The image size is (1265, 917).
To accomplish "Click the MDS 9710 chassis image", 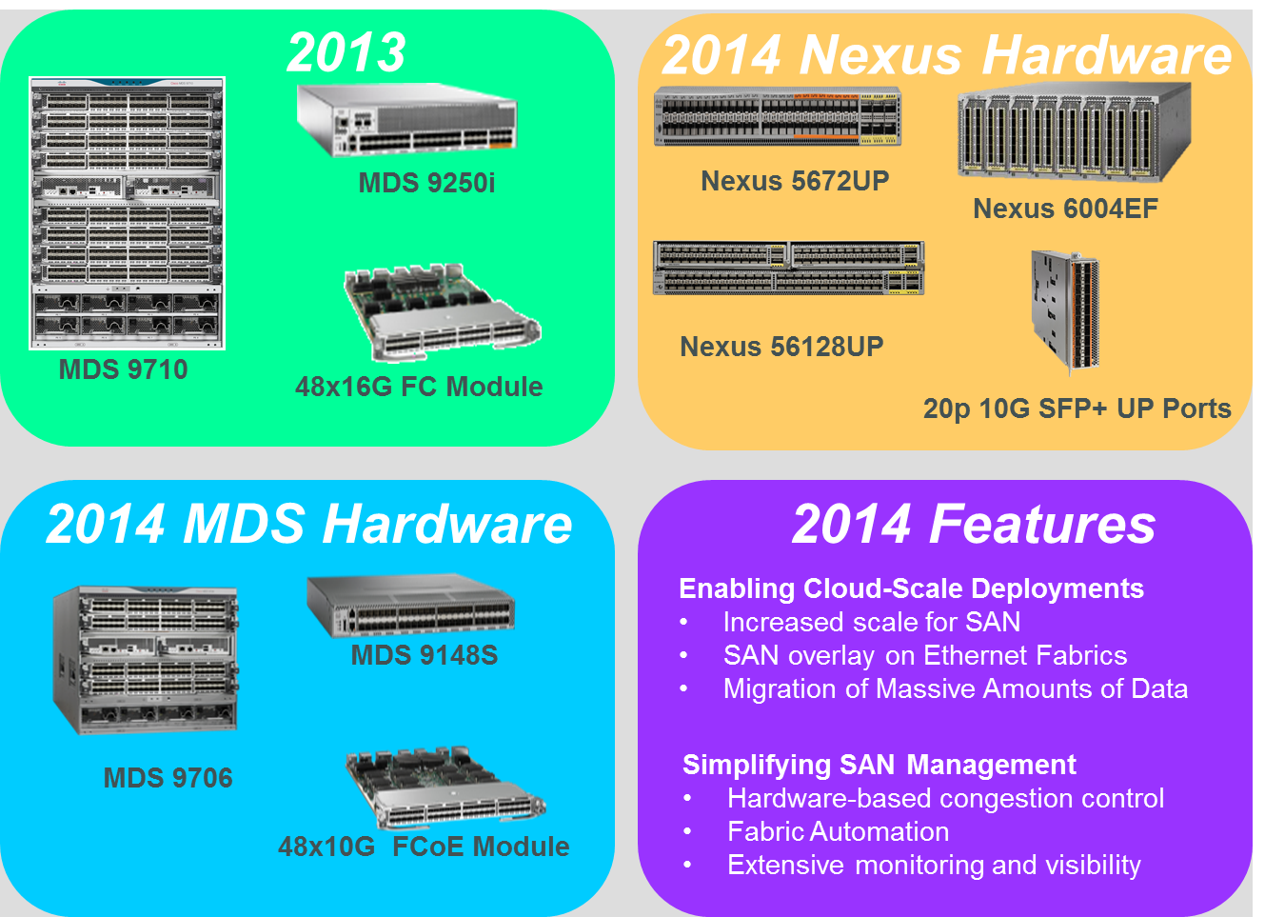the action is click(x=127, y=213).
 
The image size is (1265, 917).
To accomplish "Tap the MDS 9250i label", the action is click(x=426, y=183).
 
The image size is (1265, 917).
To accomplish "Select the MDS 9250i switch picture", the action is click(x=406, y=120).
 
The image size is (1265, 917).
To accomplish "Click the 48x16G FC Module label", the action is click(x=419, y=387).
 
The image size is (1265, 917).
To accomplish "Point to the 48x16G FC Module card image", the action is click(x=443, y=312).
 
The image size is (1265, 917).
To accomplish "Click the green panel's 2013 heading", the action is click(x=346, y=52).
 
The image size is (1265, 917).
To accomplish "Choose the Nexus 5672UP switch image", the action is click(x=777, y=116).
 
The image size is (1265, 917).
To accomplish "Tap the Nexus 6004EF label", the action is click(x=1066, y=209).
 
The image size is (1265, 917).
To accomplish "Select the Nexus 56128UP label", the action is click(x=781, y=347).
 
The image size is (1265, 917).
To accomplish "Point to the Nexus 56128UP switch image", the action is click(x=788, y=268).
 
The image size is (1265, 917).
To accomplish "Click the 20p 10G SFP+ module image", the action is click(x=1065, y=312).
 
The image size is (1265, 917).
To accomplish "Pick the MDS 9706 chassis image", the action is click(x=145, y=659).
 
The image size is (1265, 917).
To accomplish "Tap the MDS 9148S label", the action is click(x=425, y=655).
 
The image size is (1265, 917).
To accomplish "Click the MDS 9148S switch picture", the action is click(x=410, y=606).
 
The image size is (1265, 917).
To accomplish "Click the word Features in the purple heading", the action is click(x=1042, y=524).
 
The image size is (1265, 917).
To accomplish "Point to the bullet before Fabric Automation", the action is click(x=687, y=831).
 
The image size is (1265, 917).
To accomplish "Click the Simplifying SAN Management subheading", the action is click(x=880, y=765).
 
